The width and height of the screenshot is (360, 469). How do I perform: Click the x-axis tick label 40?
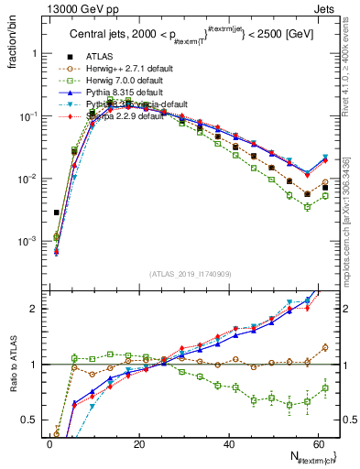point(229,444)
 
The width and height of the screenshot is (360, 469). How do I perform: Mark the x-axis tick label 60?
point(318,444)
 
